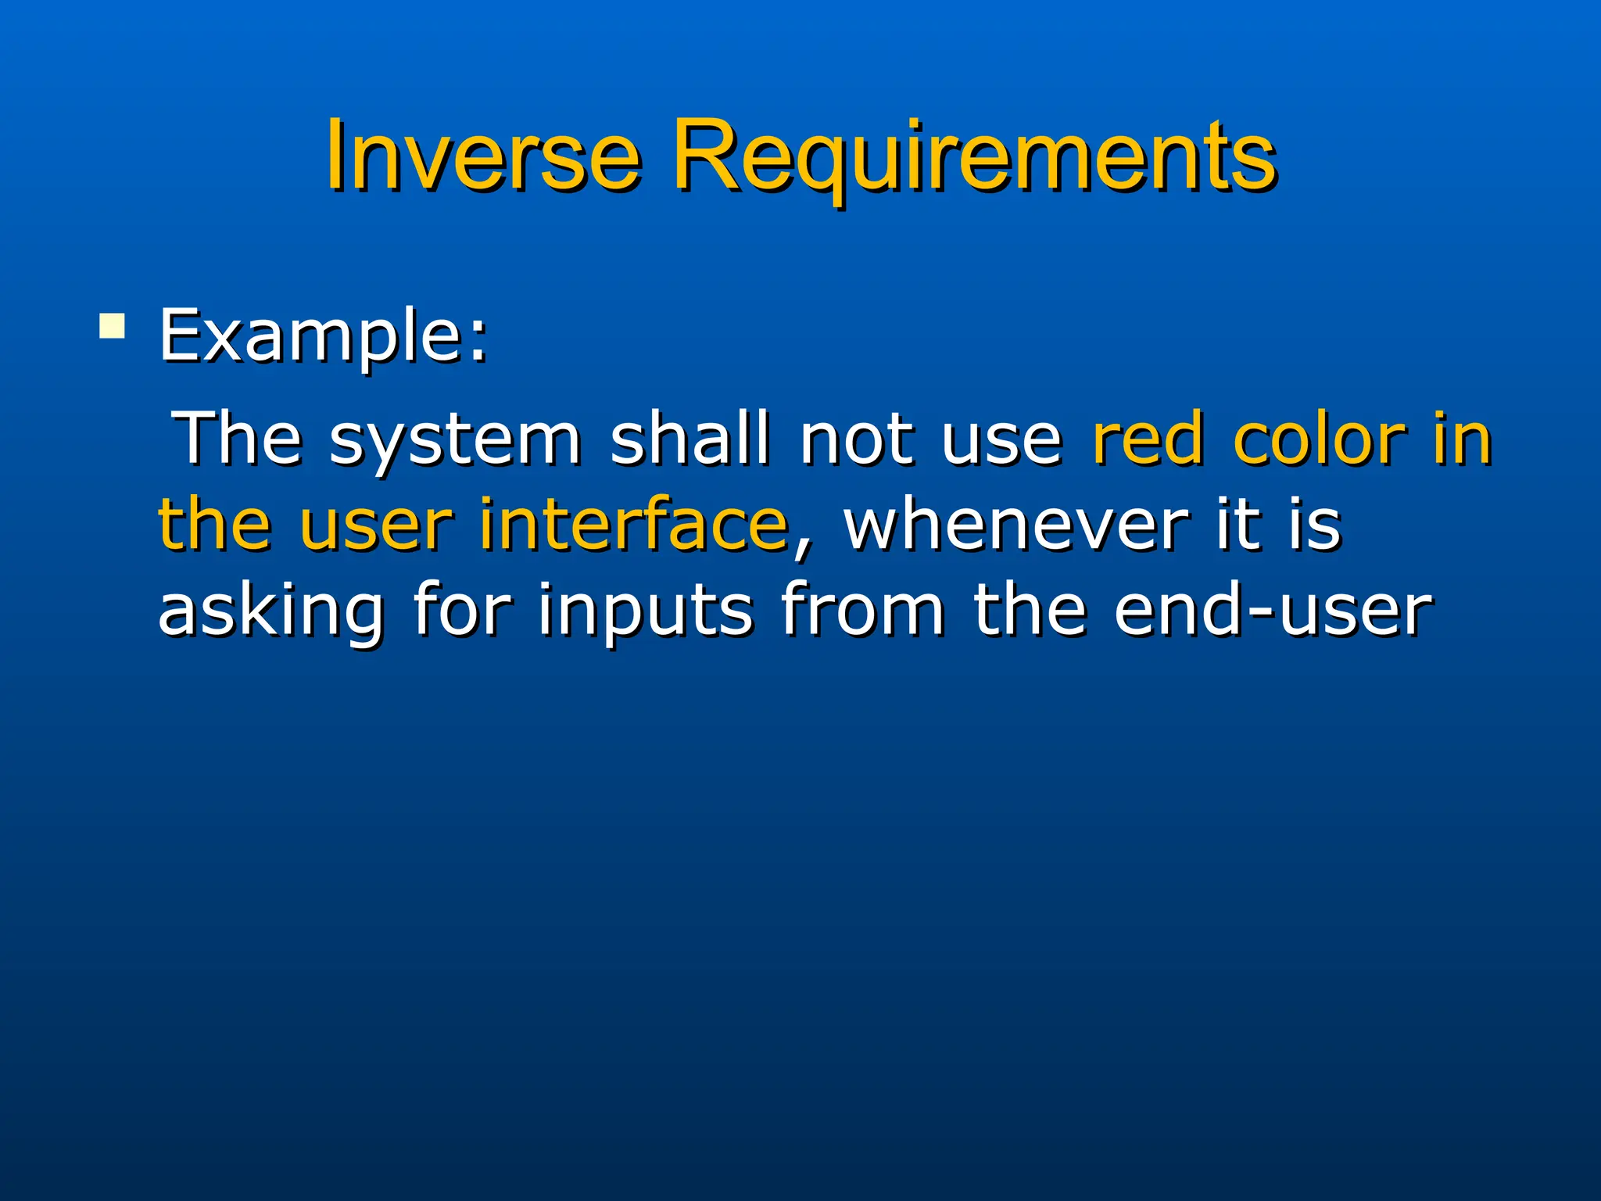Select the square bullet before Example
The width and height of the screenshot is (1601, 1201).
click(112, 326)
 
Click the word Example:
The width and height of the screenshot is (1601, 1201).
click(324, 336)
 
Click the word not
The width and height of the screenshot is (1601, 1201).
click(857, 439)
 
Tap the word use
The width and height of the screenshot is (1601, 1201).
click(1001, 443)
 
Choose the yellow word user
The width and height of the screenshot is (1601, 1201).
click(375, 525)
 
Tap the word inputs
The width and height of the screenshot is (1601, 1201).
click(646, 611)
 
